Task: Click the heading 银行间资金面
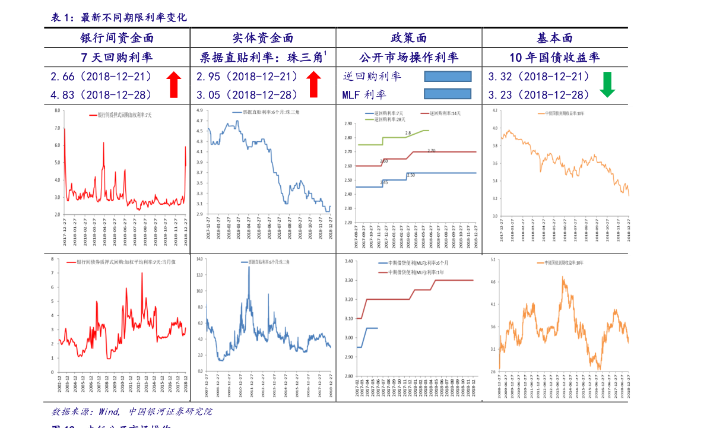[118, 39]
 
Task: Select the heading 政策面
[409, 39]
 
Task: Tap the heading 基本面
[554, 39]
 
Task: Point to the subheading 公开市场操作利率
[409, 58]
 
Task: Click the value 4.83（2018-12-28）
[102, 94]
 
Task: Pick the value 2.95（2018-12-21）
[247, 77]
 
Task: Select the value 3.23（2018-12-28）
[539, 94]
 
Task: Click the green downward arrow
[607, 85]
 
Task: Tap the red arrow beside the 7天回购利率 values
[173, 84]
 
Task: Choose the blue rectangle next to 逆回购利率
[448, 76]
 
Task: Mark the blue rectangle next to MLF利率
[448, 94]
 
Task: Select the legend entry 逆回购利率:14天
[440, 113]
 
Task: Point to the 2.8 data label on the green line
[408, 133]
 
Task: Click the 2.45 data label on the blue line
[383, 182]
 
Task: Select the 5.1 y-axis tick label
[492, 259]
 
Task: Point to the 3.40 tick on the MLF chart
[348, 261]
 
